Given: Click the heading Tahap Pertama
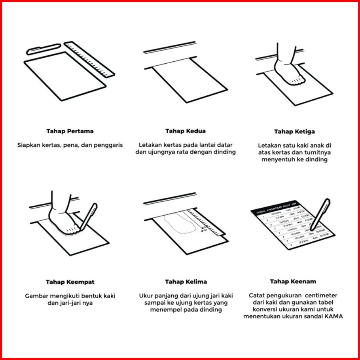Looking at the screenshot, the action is (70, 131).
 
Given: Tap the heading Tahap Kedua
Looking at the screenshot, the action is (185, 131).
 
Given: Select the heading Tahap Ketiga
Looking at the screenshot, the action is (295, 131).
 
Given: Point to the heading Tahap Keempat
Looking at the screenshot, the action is (70, 282).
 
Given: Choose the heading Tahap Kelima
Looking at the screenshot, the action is (186, 282).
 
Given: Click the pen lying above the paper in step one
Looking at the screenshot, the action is (44, 49).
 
